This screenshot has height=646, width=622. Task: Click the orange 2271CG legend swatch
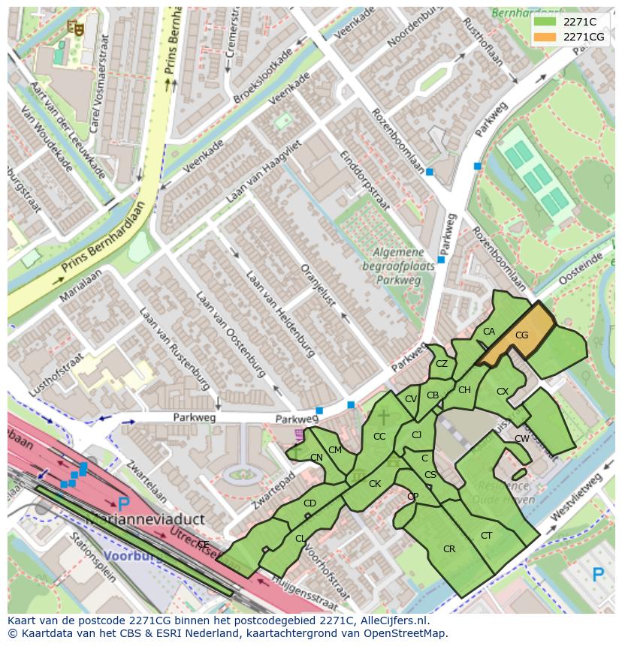pyautogui.click(x=545, y=37)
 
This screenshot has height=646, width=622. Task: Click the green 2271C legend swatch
pyautogui.click(x=545, y=22)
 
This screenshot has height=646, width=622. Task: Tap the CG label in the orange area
pyautogui.click(x=522, y=335)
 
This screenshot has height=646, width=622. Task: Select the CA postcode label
pyautogui.click(x=489, y=332)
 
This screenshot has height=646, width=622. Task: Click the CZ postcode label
pyautogui.click(x=442, y=364)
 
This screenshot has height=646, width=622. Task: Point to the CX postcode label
pyautogui.click(x=503, y=392)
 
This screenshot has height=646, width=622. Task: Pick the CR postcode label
pyautogui.click(x=449, y=549)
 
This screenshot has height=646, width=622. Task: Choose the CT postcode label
pyautogui.click(x=487, y=535)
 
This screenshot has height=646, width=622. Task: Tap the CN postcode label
pyautogui.click(x=316, y=458)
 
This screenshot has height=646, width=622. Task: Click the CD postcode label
pyautogui.click(x=309, y=503)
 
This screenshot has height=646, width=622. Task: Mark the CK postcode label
pyautogui.click(x=375, y=484)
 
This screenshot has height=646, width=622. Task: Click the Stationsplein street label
pyautogui.click(x=92, y=557)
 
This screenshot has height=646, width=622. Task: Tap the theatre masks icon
pyautogui.click(x=74, y=28)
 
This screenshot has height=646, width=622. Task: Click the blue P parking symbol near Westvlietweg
pyautogui.click(x=598, y=575)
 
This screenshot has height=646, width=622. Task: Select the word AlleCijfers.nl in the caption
pyautogui.click(x=391, y=620)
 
